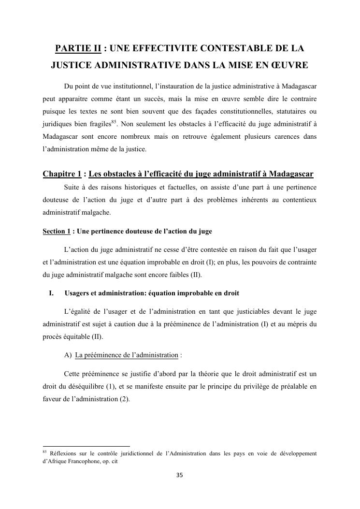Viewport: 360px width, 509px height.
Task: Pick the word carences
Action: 285,136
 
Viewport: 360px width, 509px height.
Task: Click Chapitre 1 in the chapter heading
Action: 61,174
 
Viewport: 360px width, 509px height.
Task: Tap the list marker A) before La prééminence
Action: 68,355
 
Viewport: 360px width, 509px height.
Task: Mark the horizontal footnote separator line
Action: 86,446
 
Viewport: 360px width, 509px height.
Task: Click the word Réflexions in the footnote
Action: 63,454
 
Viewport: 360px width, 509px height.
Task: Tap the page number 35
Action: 180,475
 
